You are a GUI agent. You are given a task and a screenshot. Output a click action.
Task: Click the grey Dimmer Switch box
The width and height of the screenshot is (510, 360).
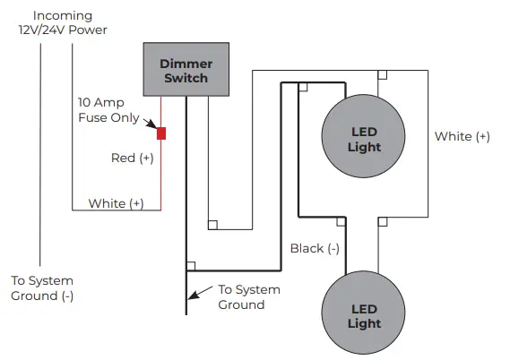coord(186,70)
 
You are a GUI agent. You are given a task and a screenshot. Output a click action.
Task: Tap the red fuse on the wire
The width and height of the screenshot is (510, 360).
coord(161,133)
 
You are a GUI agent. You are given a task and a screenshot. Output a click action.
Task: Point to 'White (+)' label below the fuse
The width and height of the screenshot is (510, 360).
coord(116,203)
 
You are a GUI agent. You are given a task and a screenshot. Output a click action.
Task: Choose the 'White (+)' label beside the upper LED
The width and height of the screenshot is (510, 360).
coord(462,136)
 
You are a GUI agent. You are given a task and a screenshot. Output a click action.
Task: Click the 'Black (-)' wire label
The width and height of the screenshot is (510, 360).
coord(315,248)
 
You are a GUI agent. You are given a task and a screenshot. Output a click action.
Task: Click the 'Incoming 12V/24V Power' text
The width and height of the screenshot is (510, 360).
coord(63,22)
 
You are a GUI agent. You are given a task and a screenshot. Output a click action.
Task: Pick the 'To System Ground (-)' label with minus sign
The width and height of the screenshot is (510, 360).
coord(42,287)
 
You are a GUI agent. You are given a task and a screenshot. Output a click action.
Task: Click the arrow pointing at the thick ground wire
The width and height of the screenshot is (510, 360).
coord(203,292)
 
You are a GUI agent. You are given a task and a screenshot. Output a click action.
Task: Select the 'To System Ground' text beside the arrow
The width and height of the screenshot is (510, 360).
coord(249,296)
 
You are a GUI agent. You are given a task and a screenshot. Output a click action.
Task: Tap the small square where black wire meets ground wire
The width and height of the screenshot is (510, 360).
coord(191,266)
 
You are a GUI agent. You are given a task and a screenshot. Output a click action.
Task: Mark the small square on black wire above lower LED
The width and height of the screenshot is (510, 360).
coord(340,219)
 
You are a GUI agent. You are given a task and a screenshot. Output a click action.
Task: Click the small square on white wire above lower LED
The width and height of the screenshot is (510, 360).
coord(382,219)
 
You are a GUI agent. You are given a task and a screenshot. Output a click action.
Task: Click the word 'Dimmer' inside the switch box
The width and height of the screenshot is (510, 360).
coord(186,63)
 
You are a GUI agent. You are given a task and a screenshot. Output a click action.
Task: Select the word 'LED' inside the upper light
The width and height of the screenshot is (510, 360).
coord(364,132)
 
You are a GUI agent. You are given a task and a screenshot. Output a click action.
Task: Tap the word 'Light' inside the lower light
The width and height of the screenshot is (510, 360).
coord(364,323)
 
